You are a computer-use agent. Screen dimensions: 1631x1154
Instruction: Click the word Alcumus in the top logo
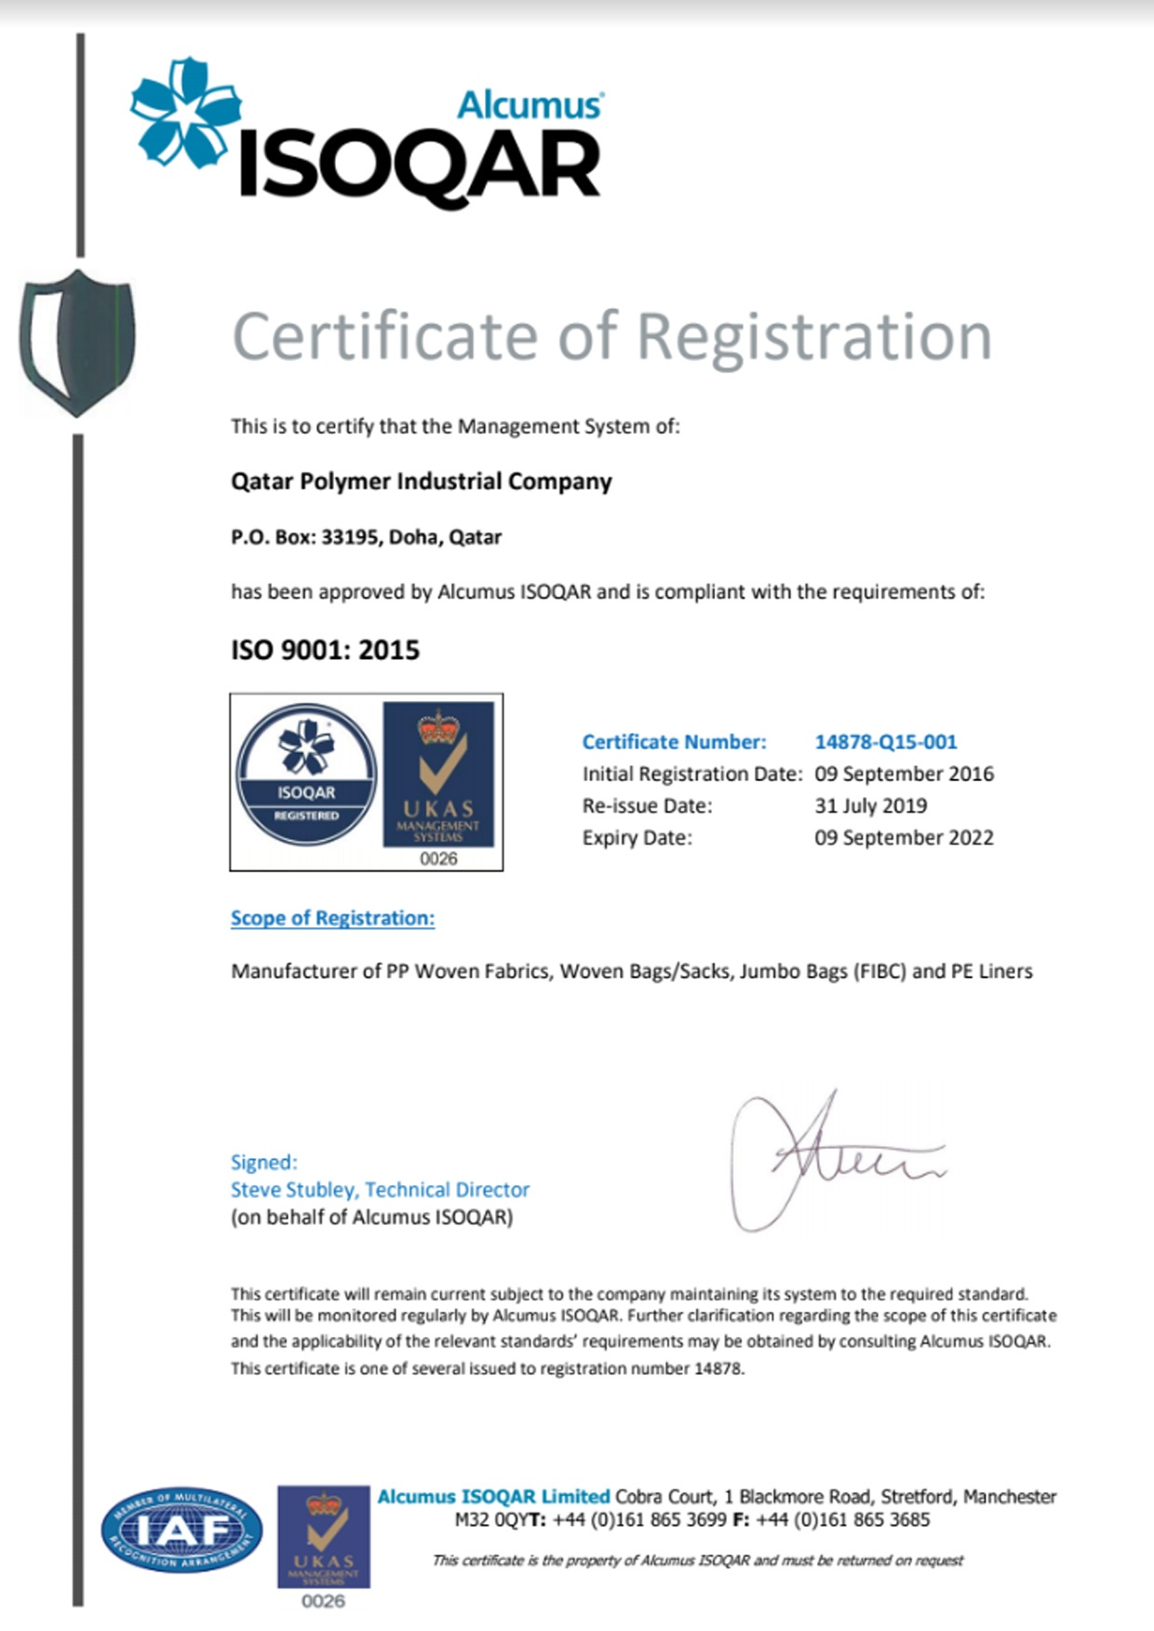point(529,104)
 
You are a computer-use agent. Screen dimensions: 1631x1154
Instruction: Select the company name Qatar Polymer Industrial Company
point(421,481)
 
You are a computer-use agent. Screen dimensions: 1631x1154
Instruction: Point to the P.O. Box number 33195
point(349,537)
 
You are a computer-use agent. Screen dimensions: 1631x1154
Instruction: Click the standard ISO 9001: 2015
point(325,650)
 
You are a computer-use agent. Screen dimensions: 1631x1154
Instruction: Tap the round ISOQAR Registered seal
point(306,775)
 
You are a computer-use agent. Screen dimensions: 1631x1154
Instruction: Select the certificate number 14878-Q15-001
point(885,742)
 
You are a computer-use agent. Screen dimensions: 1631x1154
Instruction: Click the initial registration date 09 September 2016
point(904,774)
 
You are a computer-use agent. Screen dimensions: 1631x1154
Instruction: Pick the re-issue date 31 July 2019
point(870,805)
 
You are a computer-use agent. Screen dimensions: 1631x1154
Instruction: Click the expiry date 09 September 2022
point(904,837)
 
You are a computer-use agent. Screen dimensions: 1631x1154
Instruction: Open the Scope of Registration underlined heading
point(332,918)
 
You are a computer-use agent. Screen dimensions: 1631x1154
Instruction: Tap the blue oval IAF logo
point(181,1530)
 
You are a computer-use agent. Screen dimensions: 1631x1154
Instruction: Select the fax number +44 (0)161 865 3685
point(842,1519)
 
